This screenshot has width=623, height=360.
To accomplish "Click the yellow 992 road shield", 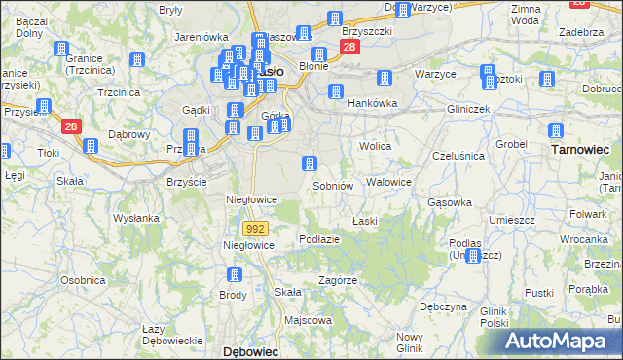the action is pos(255,228).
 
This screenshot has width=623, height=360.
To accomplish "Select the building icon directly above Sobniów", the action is pos(310,163).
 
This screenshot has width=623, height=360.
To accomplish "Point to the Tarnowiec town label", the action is pos(580,150).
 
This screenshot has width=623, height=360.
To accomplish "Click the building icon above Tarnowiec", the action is pos(556,131).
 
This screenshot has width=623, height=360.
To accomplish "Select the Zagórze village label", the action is pos(338,280).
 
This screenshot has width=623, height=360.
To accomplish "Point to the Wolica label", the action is pos(375,146).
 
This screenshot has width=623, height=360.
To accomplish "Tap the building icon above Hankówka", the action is pos(336,92).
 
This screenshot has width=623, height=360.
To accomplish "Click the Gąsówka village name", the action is pos(450,202).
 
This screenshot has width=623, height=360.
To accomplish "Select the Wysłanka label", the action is pos(136,218).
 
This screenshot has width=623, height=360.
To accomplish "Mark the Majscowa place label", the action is pos(308,319).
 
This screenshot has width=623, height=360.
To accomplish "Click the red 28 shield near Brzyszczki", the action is pos(349,46).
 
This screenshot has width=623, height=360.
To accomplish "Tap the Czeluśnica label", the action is pos(458,156).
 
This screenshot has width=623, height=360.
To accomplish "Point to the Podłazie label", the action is pos(319,239).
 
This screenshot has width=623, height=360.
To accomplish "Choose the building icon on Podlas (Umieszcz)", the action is pos(473,256).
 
